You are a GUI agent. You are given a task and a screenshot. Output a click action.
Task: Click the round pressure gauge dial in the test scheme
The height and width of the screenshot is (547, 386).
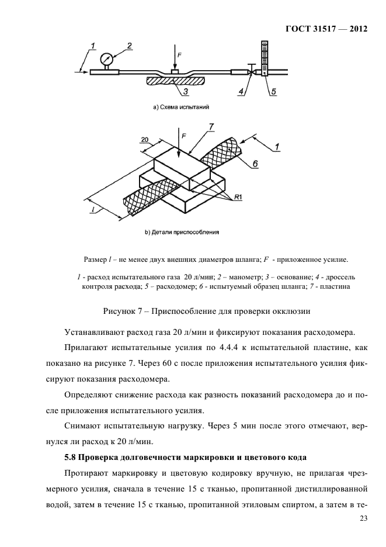click(x=107, y=59)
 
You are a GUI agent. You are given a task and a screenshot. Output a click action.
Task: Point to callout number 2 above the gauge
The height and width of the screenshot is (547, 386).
click(x=129, y=46)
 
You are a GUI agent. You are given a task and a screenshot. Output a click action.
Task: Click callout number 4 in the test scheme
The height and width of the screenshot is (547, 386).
click(x=241, y=91)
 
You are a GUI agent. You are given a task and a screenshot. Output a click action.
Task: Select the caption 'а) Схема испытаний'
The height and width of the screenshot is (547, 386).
click(x=181, y=108)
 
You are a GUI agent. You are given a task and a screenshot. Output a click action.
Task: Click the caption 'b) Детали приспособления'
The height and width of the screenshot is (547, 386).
click(x=182, y=232)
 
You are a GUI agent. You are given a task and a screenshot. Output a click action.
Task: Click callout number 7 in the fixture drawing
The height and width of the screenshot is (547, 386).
click(x=211, y=126)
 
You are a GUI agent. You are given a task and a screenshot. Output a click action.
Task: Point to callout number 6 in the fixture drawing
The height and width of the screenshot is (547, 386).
click(x=255, y=164)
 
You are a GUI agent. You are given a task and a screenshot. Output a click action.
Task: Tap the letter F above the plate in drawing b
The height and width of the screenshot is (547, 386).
click(x=184, y=136)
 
